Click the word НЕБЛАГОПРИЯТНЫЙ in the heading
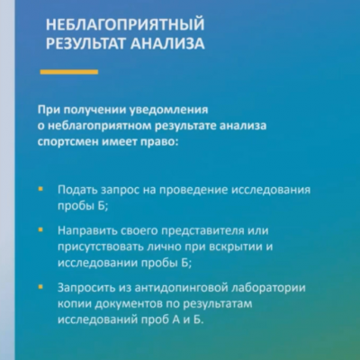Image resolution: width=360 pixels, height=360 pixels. (x=125, y=24)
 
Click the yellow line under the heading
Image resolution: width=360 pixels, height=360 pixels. (x=69, y=72)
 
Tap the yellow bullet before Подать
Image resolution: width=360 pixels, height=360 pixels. (x=40, y=190)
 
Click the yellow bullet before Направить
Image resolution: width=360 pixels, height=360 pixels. (x=40, y=230)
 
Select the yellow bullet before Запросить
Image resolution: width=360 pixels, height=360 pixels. (x=40, y=287)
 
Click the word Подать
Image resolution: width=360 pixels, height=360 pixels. (x=77, y=190)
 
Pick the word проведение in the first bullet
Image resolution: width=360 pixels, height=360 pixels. (x=194, y=190)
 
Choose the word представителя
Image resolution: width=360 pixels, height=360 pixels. (x=202, y=230)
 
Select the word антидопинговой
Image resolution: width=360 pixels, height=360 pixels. (x=182, y=288)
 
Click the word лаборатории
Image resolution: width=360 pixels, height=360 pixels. (x=269, y=288)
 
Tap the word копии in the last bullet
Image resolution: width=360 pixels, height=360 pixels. (x=75, y=304)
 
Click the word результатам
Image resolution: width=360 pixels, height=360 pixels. (x=218, y=305)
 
